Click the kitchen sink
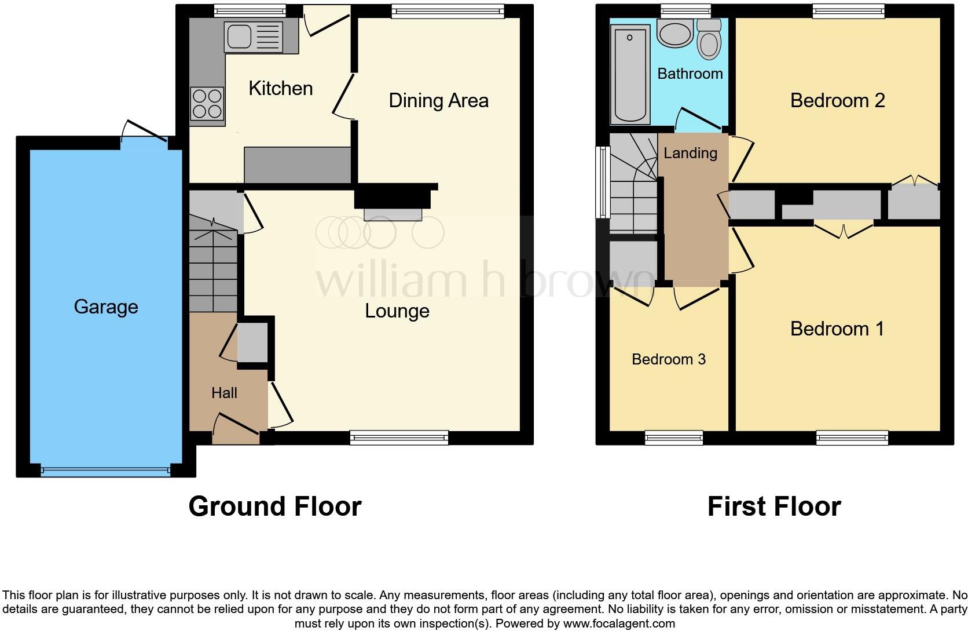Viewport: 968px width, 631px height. (253, 37)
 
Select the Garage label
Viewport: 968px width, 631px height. (106, 307)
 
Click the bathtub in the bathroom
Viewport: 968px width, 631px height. (629, 74)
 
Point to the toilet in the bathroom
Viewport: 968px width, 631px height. (709, 39)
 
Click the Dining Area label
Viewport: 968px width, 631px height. (438, 101)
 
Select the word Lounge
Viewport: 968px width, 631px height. (397, 311)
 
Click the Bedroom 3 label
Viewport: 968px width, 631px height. (668, 359)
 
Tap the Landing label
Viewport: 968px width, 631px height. (690, 153)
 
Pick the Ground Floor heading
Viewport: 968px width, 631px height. (274, 506)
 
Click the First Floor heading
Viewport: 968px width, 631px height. (773, 506)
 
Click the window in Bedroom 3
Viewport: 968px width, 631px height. (674, 438)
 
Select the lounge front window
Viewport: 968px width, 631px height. (399, 438)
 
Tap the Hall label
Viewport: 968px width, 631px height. (224, 393)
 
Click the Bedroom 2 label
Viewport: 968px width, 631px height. (837, 101)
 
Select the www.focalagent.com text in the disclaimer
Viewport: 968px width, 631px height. (619, 624)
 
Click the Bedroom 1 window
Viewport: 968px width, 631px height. (852, 438)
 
